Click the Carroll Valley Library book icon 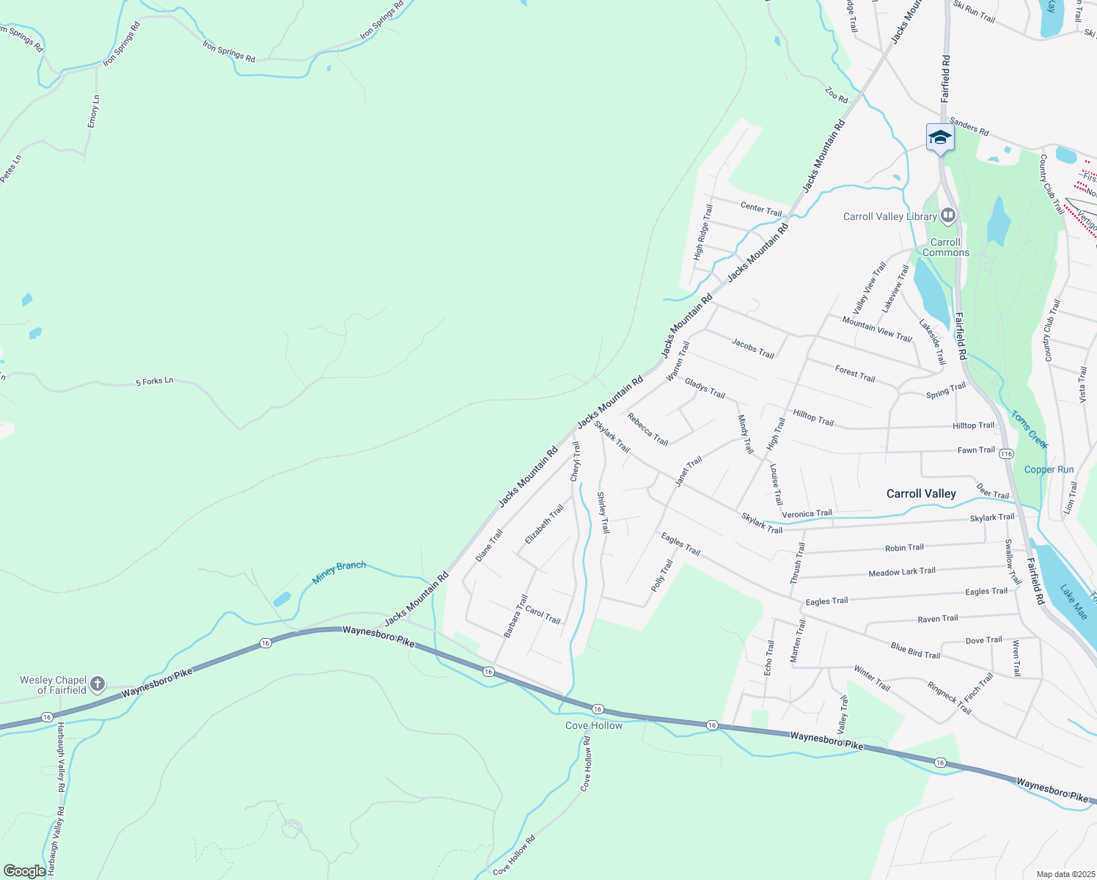point(948,216)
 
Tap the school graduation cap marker point(940,137)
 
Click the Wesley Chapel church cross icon point(97,684)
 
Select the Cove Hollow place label point(593,725)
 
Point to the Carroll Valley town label point(921,494)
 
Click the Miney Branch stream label point(339,572)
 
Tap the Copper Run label point(1049,469)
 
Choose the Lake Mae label point(1074,602)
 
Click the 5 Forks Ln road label point(155,381)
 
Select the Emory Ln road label point(93,111)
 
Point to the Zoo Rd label point(836,95)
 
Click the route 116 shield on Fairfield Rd point(1006,454)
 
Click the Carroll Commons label point(945,247)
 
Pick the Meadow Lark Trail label point(902,572)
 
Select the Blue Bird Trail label point(915,650)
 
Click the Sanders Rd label point(969,127)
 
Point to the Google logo point(24,870)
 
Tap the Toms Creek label point(1030,429)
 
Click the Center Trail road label point(761,209)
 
